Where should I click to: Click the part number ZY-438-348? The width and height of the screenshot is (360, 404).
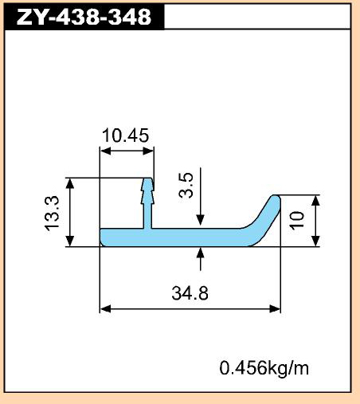pos(84,17)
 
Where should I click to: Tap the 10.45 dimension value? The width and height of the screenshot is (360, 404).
pos(125,135)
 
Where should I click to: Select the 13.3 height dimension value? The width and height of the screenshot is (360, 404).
pos(51,214)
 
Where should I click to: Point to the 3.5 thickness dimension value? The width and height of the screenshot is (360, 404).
pos(186,185)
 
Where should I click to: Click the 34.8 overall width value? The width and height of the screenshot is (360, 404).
pos(190,293)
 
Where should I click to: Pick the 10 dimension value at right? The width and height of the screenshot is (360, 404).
pos(297,221)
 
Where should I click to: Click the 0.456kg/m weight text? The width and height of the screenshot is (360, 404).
pos(264,368)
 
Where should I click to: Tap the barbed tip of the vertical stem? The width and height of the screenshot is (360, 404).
pos(147,182)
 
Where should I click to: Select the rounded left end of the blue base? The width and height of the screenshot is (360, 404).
pos(103,237)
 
